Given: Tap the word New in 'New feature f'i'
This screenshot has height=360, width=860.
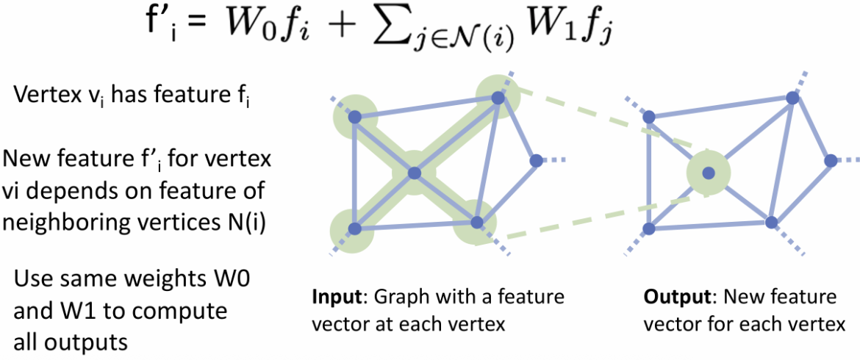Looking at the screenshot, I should pos(26,159).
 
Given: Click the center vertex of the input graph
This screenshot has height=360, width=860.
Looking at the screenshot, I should pos(414,173).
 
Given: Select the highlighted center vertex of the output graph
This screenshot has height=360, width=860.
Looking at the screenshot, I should pos(709,173).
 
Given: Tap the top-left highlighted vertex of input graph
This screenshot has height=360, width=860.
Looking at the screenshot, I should pos(354,117).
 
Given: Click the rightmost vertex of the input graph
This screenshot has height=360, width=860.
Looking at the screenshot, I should pos(535,159).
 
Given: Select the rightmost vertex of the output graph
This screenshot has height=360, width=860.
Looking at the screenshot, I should pos(830,159).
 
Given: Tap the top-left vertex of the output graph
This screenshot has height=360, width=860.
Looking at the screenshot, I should pos(648,116).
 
